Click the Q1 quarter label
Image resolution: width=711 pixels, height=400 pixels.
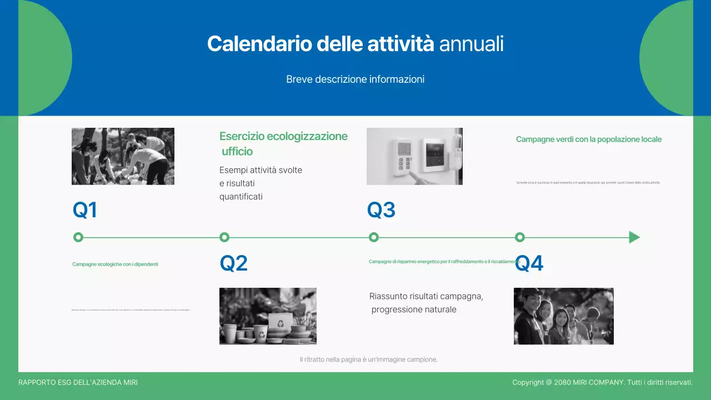pos(85,211)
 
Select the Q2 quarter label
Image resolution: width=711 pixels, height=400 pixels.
pos(233,263)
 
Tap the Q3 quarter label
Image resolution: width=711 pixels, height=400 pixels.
pos(381,211)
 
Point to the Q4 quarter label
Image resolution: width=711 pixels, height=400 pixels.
pos(529,263)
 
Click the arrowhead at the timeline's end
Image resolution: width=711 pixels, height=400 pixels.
pos(634,237)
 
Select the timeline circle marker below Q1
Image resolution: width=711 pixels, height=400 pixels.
pos(78,237)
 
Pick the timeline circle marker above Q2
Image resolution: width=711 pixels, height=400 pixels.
pos(224,237)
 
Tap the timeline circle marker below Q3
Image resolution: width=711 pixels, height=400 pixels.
pos(374,237)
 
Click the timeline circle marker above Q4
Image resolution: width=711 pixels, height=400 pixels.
pos(520,237)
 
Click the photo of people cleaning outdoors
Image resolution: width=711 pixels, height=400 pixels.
pos(123,156)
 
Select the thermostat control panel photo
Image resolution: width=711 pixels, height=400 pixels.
pos(414,156)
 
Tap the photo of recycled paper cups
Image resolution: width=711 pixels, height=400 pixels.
pos(268,316)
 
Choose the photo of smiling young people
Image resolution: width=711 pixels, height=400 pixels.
pos(563,316)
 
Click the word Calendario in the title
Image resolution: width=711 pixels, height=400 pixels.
pos(259,44)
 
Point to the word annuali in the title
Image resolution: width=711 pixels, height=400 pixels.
pos(471,44)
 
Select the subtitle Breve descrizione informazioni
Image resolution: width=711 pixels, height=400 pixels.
pos(355,79)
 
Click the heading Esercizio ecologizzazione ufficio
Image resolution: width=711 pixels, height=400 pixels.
pos(283,143)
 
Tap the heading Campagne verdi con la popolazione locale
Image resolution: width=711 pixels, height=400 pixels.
pos(589,139)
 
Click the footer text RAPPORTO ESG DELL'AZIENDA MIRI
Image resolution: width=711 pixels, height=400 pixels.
pos(78,383)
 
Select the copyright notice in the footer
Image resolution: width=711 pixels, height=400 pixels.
pos(602,383)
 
